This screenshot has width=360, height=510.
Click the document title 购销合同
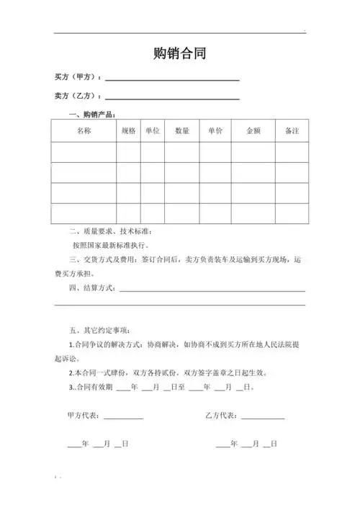coord(179,54)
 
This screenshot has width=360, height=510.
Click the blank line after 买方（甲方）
coord(172,79)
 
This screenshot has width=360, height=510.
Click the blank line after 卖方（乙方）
coord(172,97)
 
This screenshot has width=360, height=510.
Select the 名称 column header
coord(84,131)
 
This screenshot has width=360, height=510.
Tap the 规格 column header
coord(128,131)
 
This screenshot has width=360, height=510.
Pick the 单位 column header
coord(152,131)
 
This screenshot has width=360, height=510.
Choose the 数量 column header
coord(182,131)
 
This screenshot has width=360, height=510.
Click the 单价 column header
coord(215,131)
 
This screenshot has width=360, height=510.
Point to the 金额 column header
coord(253,131)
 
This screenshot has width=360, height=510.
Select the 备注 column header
coord(292,131)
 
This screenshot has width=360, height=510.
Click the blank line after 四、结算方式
coord(212,289)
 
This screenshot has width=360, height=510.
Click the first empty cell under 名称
coord(84,153)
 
